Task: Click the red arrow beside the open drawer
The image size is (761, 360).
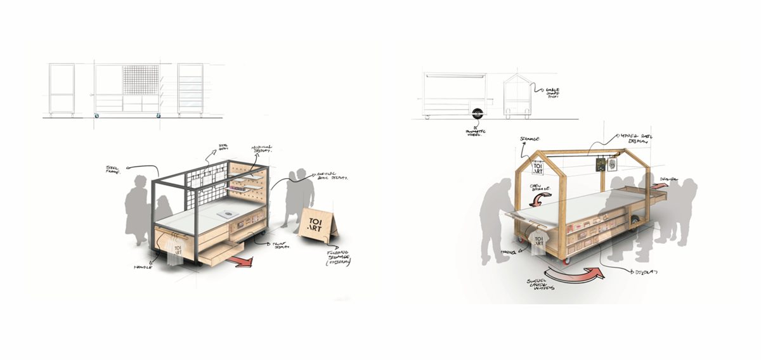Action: coord(239,259)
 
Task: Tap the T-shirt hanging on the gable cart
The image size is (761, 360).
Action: coord(538,244)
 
